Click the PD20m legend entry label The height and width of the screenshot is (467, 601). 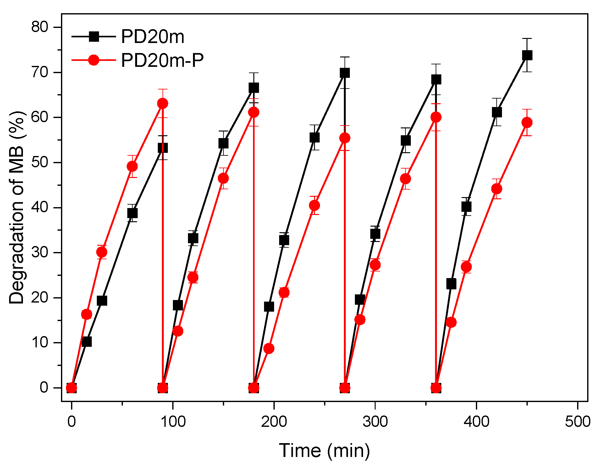152,37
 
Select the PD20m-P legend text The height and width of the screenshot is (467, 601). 162,60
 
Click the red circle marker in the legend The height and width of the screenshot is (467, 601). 94,60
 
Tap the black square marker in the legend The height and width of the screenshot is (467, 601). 94,36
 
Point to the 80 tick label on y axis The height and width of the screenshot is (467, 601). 40,27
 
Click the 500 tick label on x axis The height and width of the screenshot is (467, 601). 577,421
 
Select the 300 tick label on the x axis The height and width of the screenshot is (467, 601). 375,421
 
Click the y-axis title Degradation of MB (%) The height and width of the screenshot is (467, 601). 16,207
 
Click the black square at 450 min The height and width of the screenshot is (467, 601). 527,55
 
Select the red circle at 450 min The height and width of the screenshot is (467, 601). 527,122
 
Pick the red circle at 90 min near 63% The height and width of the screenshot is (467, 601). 163,103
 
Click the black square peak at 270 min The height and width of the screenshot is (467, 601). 345,73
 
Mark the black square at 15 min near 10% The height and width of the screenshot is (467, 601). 87,341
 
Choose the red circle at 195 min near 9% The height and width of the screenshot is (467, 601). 269,348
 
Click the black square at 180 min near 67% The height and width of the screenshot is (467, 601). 254,88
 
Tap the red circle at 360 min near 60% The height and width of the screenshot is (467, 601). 436,117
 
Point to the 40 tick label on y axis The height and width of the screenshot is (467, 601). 40,207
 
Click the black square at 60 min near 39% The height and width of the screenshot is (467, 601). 132,213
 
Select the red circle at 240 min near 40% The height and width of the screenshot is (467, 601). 314,206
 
